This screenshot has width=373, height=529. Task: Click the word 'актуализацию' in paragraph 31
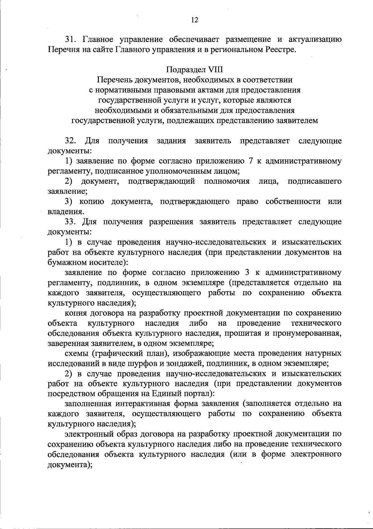coord(315,39)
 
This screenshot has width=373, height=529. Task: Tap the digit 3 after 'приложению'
coord(247,273)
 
